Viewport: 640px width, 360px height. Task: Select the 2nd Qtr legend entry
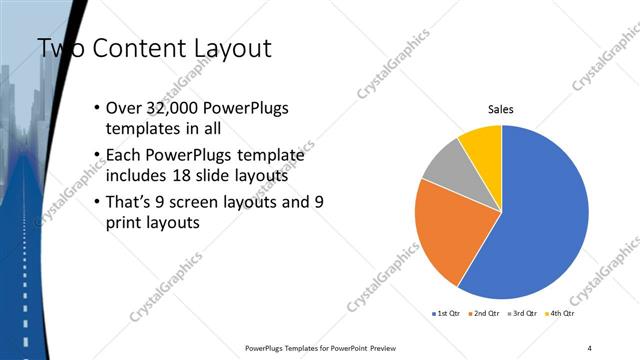(484, 313)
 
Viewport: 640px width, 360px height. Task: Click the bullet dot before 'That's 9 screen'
(95, 202)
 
